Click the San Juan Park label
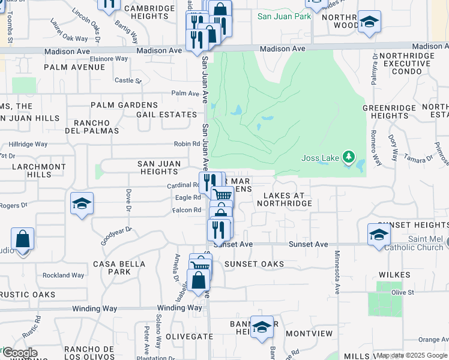[284, 16]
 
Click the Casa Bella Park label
[119, 268]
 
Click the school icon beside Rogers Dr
[82, 203]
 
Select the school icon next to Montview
[262, 327]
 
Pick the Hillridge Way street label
[28, 145]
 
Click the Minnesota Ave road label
[337, 272]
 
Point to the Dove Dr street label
[128, 200]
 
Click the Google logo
[19, 353]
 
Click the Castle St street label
[127, 80]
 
